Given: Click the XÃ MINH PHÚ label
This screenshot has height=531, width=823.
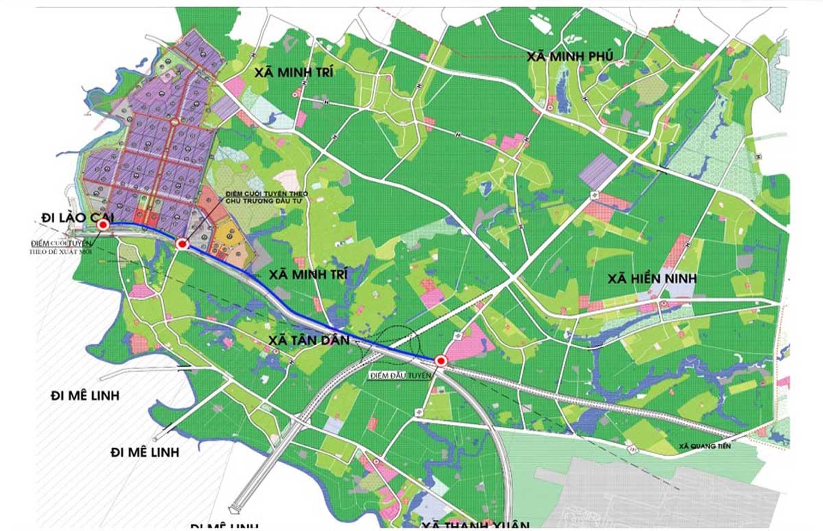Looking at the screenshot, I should point(569,57).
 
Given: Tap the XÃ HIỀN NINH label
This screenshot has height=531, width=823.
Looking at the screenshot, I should point(652,279).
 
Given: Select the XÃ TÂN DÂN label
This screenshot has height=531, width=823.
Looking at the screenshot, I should point(309,341).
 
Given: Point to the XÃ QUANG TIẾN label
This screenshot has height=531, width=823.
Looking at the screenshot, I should point(705,446).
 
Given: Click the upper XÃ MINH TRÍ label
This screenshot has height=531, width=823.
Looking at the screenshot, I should point(294,72).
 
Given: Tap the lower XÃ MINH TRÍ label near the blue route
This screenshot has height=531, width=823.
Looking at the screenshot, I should point(308,275).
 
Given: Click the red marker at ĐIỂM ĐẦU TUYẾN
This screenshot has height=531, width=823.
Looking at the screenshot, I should point(440,361).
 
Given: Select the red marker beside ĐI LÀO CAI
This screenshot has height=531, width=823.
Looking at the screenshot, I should point(103,226).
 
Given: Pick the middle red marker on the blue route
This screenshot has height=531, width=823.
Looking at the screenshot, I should point(182,244).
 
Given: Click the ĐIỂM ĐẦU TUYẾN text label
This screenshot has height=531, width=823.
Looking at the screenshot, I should point(400,376).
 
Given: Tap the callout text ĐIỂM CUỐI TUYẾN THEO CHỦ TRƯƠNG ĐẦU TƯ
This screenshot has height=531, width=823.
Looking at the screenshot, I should point(266,197).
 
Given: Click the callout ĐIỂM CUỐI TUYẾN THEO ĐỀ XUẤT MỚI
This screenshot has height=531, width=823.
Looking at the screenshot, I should point(61,247).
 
